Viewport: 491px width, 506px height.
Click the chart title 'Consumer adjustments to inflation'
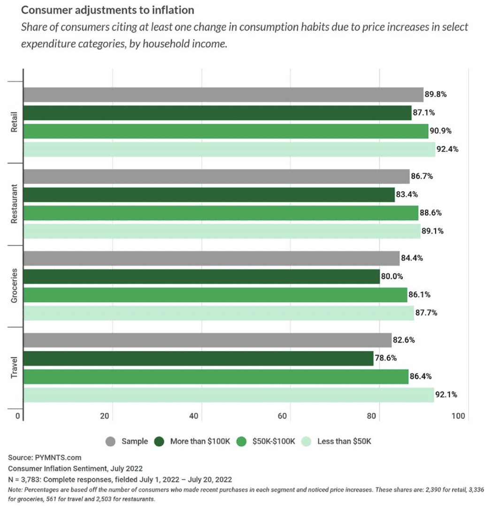click(x=108, y=9)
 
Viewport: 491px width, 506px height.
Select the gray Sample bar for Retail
click(x=223, y=94)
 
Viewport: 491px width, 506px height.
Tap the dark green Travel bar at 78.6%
click(x=198, y=358)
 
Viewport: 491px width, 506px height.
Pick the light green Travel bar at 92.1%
click(x=228, y=395)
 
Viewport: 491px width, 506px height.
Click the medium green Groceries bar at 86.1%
click(x=215, y=295)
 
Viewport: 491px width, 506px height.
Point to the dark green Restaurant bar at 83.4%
click(x=208, y=194)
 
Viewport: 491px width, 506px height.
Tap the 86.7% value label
click(x=421, y=176)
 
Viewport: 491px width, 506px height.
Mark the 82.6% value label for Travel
click(x=403, y=340)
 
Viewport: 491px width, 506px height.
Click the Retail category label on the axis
click(x=14, y=123)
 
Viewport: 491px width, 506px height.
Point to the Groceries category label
click(x=14, y=286)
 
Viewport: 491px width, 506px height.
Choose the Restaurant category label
click(x=14, y=204)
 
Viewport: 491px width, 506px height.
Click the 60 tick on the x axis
click(x=283, y=416)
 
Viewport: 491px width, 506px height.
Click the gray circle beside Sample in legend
click(x=111, y=441)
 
